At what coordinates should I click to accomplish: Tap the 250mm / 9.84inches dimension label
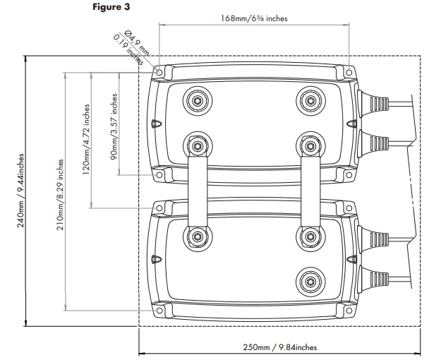(x=280, y=347)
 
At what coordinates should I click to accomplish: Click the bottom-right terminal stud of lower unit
(x=309, y=282)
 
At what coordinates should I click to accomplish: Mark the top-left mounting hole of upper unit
(x=161, y=72)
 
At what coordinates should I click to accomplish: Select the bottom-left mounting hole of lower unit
(x=161, y=308)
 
